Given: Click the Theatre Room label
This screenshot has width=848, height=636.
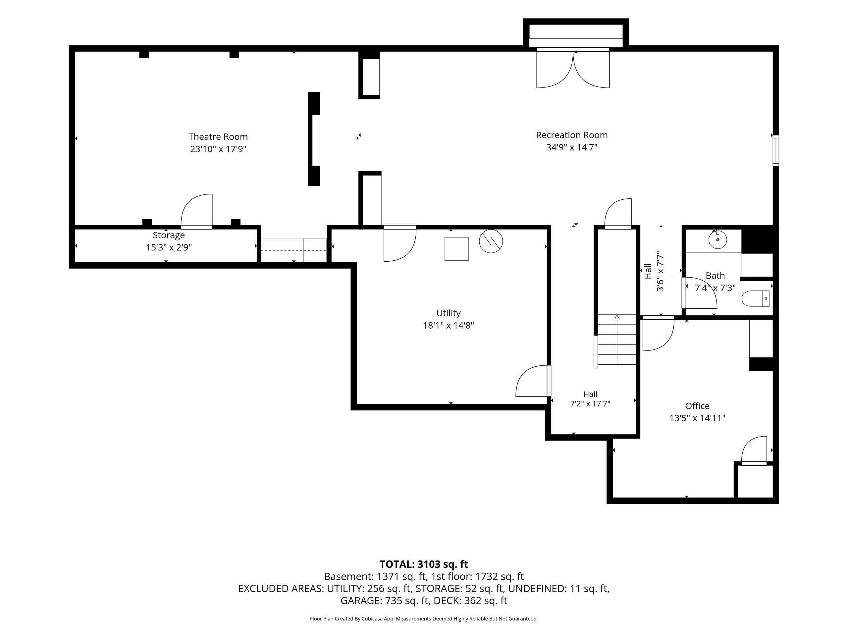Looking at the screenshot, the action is click(x=218, y=137).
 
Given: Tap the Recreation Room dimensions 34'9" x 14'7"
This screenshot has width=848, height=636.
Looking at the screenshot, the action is click(x=572, y=147).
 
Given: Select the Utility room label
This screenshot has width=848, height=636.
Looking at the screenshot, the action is click(x=448, y=313).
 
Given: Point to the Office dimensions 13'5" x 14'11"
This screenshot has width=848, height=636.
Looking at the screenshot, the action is click(x=697, y=418).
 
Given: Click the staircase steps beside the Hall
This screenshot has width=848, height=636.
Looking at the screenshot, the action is click(x=617, y=340).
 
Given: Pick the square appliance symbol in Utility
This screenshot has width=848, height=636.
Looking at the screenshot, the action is click(x=456, y=249).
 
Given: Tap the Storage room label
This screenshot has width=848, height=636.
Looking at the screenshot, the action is click(x=169, y=235).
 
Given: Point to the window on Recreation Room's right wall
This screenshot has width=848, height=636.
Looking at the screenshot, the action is click(x=775, y=150).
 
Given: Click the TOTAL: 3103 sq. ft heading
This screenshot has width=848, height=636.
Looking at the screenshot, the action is click(x=424, y=564).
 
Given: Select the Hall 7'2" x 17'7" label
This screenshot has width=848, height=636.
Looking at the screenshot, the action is click(x=590, y=399).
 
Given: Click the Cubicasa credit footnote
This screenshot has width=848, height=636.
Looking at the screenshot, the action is click(x=424, y=619).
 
